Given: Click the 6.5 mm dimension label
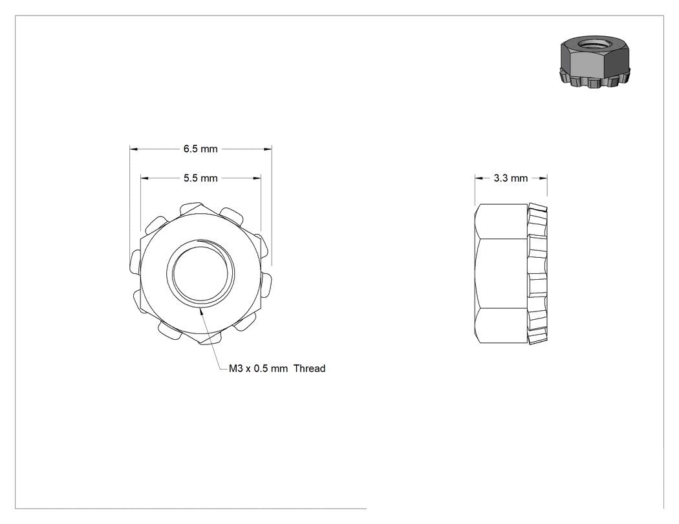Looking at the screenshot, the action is pos(200,149).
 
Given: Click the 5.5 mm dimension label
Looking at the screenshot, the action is pos(200,178).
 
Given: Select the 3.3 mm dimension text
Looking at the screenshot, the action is pos(511,178).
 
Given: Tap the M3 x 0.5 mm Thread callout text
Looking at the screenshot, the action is pos(277,369).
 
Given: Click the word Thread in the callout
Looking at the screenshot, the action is pos(309,369).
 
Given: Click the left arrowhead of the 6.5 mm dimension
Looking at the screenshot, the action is pos(133,149).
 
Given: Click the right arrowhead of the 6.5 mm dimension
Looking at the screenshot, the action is pos(268,149).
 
